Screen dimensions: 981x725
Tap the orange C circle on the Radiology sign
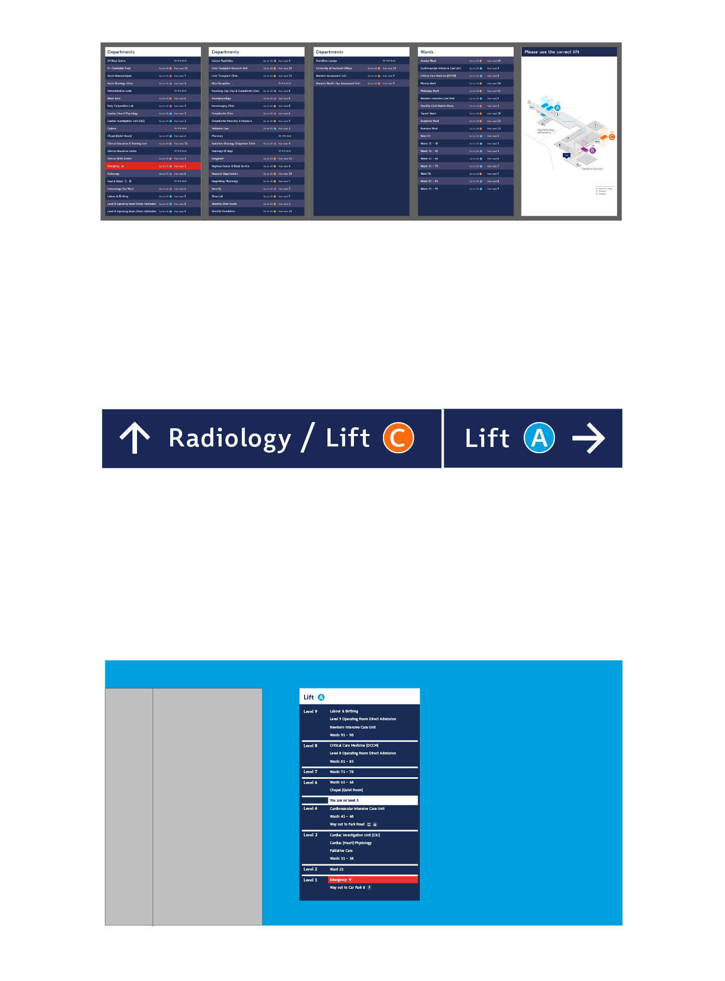click(398, 438)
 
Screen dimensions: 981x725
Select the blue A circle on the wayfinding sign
click(539, 438)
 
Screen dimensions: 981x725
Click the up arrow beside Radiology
click(135, 438)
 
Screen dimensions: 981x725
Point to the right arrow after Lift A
click(589, 438)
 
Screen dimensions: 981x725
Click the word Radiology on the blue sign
click(230, 438)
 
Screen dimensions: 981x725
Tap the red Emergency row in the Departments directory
click(153, 166)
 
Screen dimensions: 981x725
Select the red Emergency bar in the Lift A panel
click(373, 879)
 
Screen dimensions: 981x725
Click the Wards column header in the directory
click(427, 52)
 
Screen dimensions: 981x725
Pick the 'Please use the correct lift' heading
click(552, 52)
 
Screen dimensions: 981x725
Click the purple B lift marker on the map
click(592, 150)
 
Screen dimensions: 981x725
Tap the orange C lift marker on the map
click(611, 137)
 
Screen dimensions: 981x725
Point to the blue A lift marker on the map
click(557, 108)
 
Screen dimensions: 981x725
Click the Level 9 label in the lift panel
click(310, 711)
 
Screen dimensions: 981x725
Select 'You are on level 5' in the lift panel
click(344, 800)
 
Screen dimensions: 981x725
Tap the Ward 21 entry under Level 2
click(337, 869)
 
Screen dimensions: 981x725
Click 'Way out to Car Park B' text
click(347, 887)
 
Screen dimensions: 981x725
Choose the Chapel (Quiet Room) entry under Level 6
click(346, 790)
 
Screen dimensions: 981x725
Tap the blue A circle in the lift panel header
click(321, 697)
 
